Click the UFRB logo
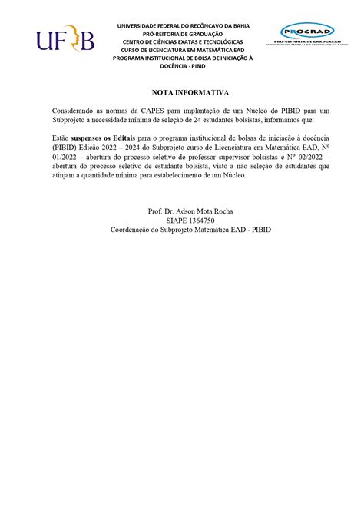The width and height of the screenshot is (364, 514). click(65, 38)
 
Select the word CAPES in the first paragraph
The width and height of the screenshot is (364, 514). click(148, 111)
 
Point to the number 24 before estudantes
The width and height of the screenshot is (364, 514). click(210, 121)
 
